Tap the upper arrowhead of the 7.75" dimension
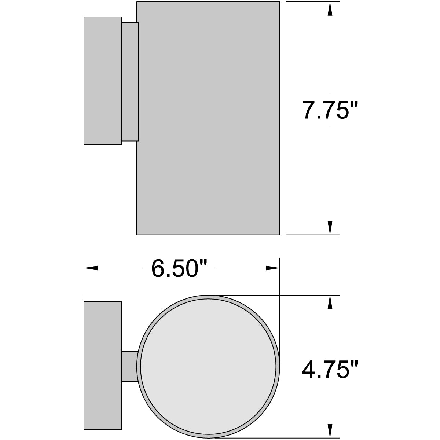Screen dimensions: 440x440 tap(330, 9)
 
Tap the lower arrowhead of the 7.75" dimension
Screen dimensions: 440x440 tap(330, 227)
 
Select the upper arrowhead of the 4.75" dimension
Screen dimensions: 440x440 tap(330, 302)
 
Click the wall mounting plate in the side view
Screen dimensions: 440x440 tap(103, 81)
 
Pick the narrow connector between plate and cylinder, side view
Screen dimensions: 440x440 tap(130, 81)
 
